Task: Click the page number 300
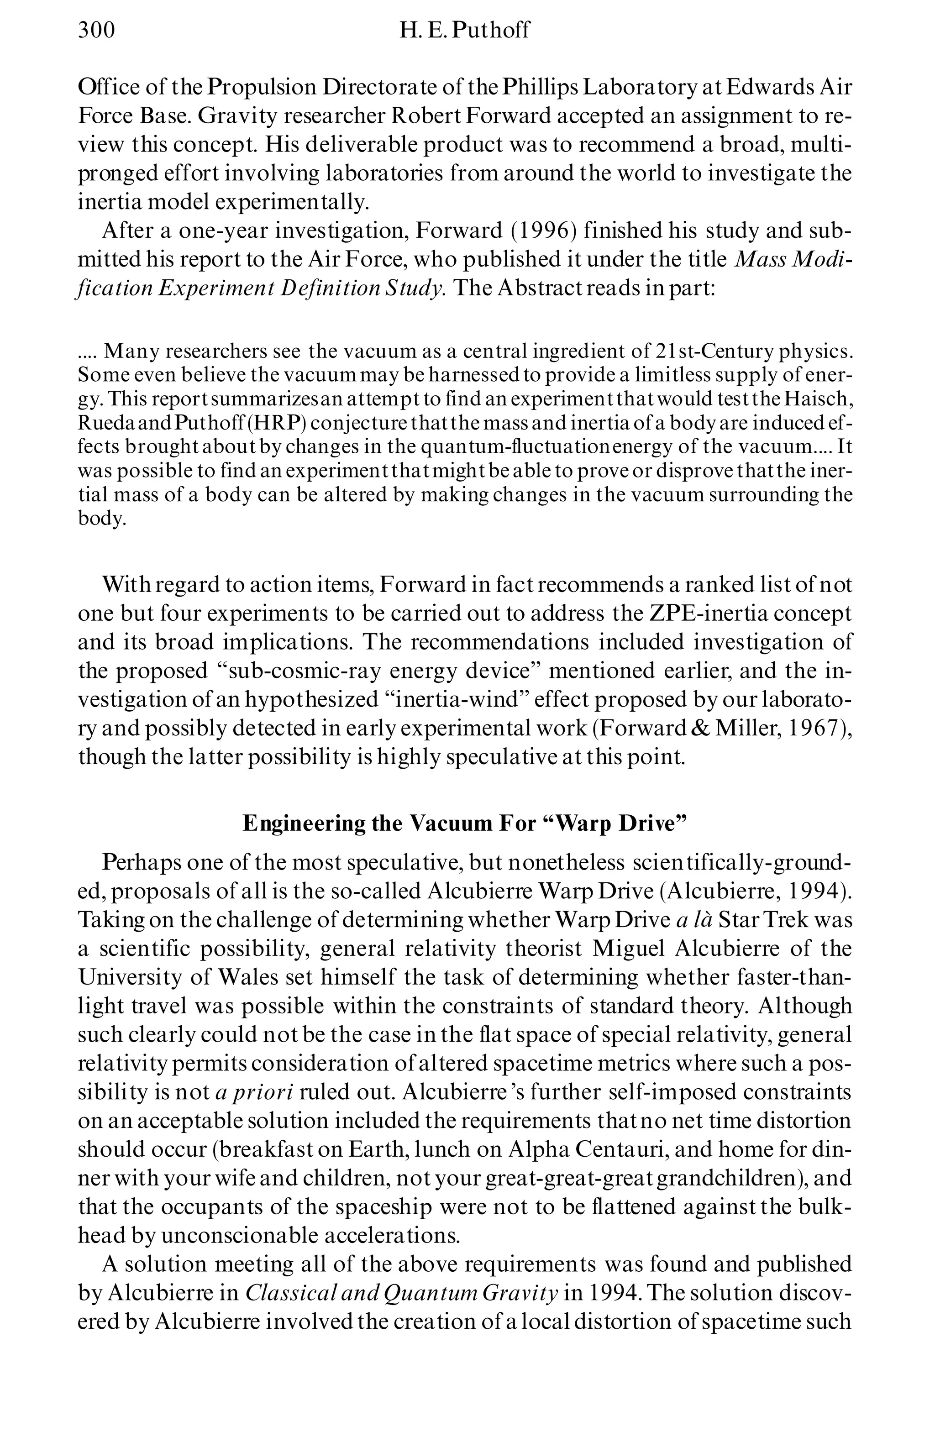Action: (96, 30)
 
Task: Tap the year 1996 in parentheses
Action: (540, 231)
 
